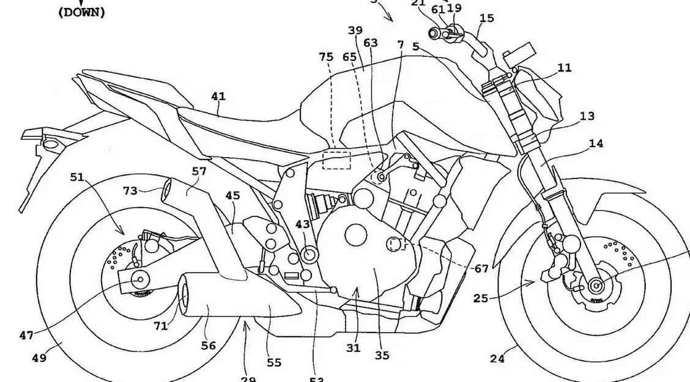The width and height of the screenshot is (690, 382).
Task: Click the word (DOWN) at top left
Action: pos(81,12)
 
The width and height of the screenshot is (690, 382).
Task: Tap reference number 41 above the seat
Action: pos(218,96)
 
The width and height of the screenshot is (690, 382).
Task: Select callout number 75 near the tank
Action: pos(326,57)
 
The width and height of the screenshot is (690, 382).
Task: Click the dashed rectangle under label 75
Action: pos(336,159)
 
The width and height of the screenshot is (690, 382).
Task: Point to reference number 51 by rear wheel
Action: pos(77,177)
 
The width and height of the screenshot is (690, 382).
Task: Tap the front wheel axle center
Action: pos(594,285)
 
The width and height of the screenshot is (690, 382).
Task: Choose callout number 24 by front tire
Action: pos(497,359)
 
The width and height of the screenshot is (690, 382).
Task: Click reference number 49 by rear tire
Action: pos(39,358)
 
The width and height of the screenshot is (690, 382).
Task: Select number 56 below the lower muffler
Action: pos(209,345)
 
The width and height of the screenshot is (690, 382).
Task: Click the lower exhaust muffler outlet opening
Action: pos(184,292)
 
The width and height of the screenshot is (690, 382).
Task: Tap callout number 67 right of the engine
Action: pos(481,269)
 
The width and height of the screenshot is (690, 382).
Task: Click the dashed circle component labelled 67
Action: pos(396,245)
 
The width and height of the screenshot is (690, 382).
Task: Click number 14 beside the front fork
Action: pos(596,144)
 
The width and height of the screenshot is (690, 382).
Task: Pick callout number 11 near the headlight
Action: pos(565,68)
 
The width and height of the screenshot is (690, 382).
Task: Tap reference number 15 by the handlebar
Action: pos(487,18)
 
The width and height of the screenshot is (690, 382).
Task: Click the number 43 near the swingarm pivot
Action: pos(303,224)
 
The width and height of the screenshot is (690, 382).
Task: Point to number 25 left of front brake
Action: pos(480,298)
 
